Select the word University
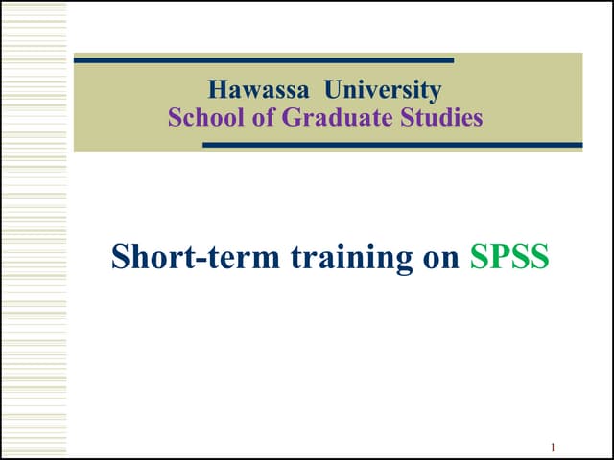pos(383,91)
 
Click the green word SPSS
pos(509,257)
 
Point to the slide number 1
pos(554,448)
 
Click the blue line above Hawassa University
pos(263,60)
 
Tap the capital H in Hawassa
pos(217,91)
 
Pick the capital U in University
pos(334,91)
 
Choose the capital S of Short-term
pos(120,257)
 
